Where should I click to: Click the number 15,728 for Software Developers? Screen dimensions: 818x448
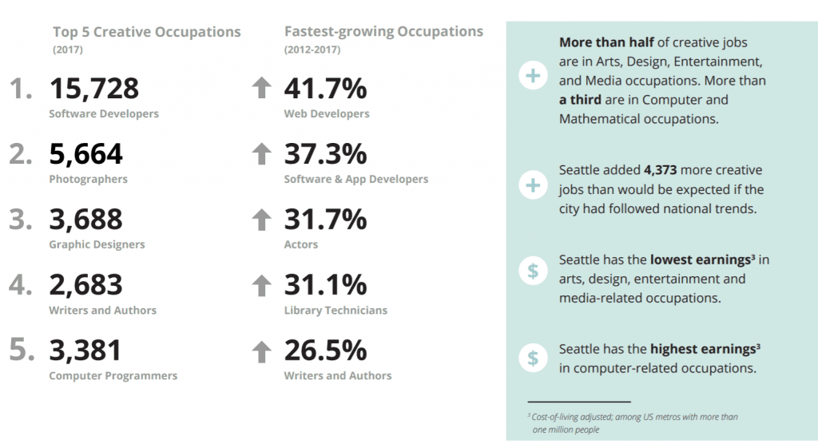[94, 88]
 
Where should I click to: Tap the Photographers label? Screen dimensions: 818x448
[88, 179]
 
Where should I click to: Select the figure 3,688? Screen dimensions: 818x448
[85, 219]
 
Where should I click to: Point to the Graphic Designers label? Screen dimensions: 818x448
[97, 244]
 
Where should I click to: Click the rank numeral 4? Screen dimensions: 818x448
[20, 284]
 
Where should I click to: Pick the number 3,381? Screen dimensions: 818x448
[85, 350]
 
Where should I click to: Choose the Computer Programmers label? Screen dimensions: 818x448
[113, 375]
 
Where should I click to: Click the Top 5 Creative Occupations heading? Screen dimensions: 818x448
[147, 32]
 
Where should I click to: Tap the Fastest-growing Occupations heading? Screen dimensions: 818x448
[383, 32]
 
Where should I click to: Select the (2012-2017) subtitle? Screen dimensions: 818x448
[312, 50]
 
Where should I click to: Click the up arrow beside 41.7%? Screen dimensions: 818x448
[261, 88]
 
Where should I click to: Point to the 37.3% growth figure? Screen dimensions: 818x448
[326, 154]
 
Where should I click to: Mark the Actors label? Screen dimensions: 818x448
[301, 244]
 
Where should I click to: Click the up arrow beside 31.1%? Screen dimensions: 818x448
[261, 285]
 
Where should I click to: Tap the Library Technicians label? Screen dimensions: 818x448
[336, 311]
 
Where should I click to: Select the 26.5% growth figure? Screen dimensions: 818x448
[326, 350]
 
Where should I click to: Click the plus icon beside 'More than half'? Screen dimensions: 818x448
[533, 76]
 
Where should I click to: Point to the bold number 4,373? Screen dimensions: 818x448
[660, 170]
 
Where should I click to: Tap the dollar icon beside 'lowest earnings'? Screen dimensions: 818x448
[533, 271]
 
